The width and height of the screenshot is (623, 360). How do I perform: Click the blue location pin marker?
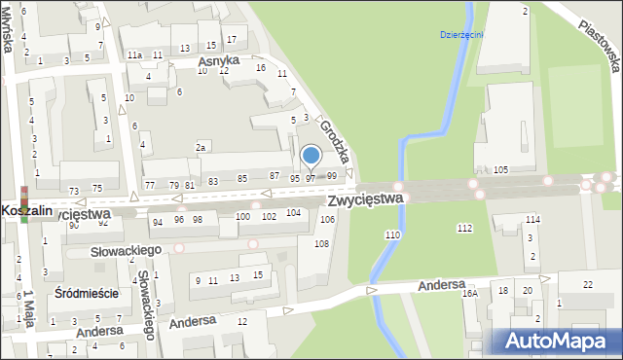pos(311,157)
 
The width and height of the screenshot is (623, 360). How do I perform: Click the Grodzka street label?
pos(334,142)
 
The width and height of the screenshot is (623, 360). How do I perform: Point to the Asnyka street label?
pos(218,61)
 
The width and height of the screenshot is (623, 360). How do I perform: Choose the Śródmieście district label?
pos(87,293)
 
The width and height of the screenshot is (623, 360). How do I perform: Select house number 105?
pos(501,169)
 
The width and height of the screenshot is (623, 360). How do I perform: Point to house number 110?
pos(392,235)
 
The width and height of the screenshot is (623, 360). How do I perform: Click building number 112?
pos(464,228)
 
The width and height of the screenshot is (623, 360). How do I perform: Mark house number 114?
pos(532,220)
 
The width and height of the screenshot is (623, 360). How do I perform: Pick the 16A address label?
pos(470,292)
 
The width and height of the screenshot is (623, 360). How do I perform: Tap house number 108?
pos(321,242)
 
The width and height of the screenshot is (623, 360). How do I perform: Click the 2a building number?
pos(202,147)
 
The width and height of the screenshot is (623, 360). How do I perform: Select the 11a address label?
pos(134,56)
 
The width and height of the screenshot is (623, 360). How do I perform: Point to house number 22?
pos(587,284)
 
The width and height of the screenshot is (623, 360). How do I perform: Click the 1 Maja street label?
pos(29,309)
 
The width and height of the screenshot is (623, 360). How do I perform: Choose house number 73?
pos(73,191)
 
